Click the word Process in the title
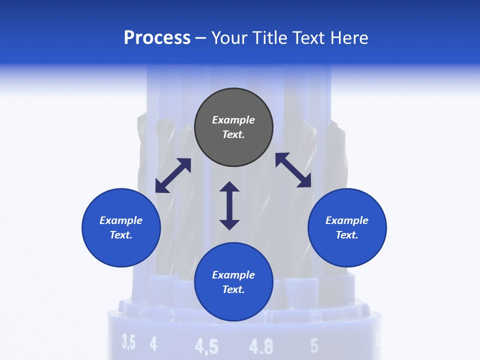click(x=157, y=38)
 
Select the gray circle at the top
click(x=233, y=127)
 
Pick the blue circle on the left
click(x=121, y=227)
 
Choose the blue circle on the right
click(x=347, y=227)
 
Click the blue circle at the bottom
click(x=233, y=282)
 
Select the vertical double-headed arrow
click(x=229, y=205)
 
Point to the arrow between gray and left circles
click(x=173, y=175)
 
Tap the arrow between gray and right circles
click(x=293, y=170)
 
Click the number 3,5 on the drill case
click(x=128, y=343)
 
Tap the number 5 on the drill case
click(x=314, y=345)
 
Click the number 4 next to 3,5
click(x=153, y=344)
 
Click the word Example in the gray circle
click(x=233, y=120)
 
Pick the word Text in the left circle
click(x=120, y=235)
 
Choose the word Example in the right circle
click(x=347, y=220)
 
